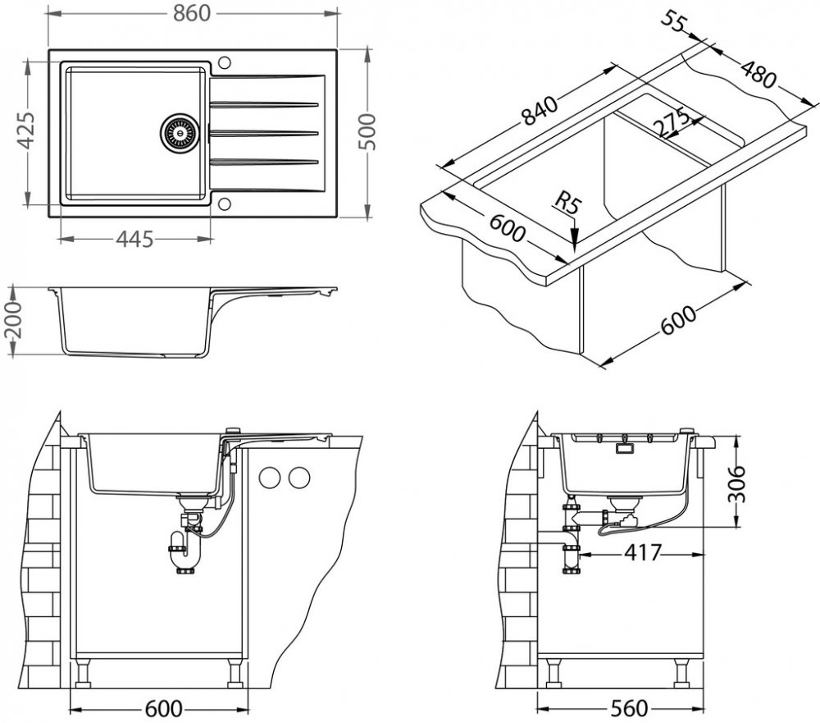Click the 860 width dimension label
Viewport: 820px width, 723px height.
(193, 13)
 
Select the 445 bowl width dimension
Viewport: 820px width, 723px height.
(134, 239)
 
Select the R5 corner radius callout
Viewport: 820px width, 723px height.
(567, 203)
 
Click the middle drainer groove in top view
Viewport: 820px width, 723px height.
(264, 132)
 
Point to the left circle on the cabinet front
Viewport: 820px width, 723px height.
(268, 477)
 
